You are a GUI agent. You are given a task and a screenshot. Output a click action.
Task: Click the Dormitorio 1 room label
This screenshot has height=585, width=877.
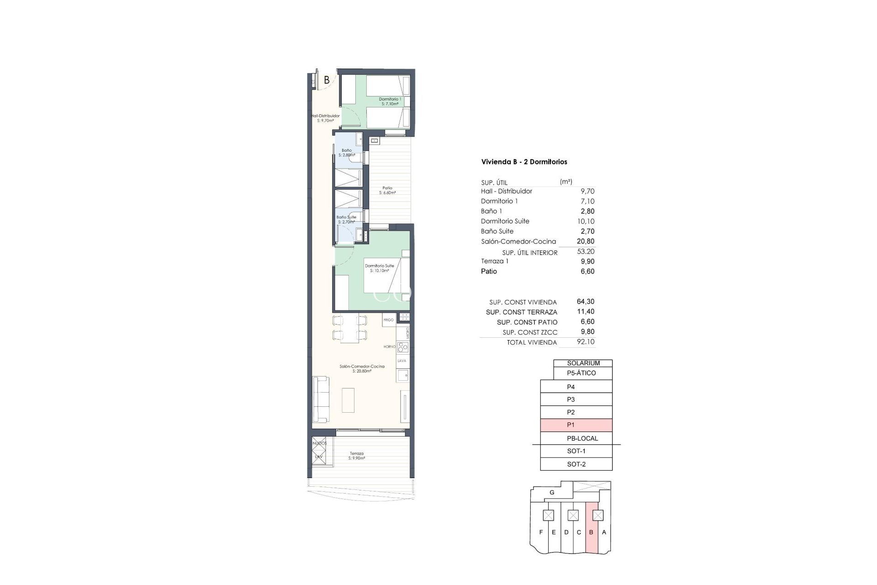tap(390, 101)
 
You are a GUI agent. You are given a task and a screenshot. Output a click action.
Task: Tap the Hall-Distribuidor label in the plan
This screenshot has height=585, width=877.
tap(325, 118)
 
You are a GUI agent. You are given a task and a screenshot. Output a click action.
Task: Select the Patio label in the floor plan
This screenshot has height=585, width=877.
tap(387, 190)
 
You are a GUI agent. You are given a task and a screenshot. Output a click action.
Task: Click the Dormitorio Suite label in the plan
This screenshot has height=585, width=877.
tap(379, 268)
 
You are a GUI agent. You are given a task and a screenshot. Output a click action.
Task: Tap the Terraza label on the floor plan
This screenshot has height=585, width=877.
tap(357, 456)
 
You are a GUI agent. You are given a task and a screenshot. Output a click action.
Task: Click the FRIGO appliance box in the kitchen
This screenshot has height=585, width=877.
tap(389, 320)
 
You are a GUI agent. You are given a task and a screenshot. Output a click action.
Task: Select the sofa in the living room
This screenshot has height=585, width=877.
tap(320, 399)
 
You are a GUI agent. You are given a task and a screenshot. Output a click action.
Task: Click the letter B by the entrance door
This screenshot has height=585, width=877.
tap(327, 80)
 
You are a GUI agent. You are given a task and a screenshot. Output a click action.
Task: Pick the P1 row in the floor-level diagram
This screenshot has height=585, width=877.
tap(576, 425)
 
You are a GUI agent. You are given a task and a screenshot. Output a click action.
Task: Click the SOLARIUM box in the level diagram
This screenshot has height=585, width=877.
tap(583, 363)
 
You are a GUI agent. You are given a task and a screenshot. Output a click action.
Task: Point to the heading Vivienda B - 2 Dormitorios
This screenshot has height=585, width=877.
tap(524, 162)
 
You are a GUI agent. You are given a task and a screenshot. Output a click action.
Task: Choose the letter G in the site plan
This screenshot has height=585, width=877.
tap(552, 493)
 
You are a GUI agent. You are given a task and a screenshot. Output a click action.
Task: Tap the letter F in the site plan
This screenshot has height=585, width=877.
tap(541, 532)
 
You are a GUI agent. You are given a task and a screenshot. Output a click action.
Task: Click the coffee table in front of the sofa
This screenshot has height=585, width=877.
tap(348, 400)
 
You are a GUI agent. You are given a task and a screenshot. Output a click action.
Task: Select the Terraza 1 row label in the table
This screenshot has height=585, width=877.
tap(495, 261)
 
